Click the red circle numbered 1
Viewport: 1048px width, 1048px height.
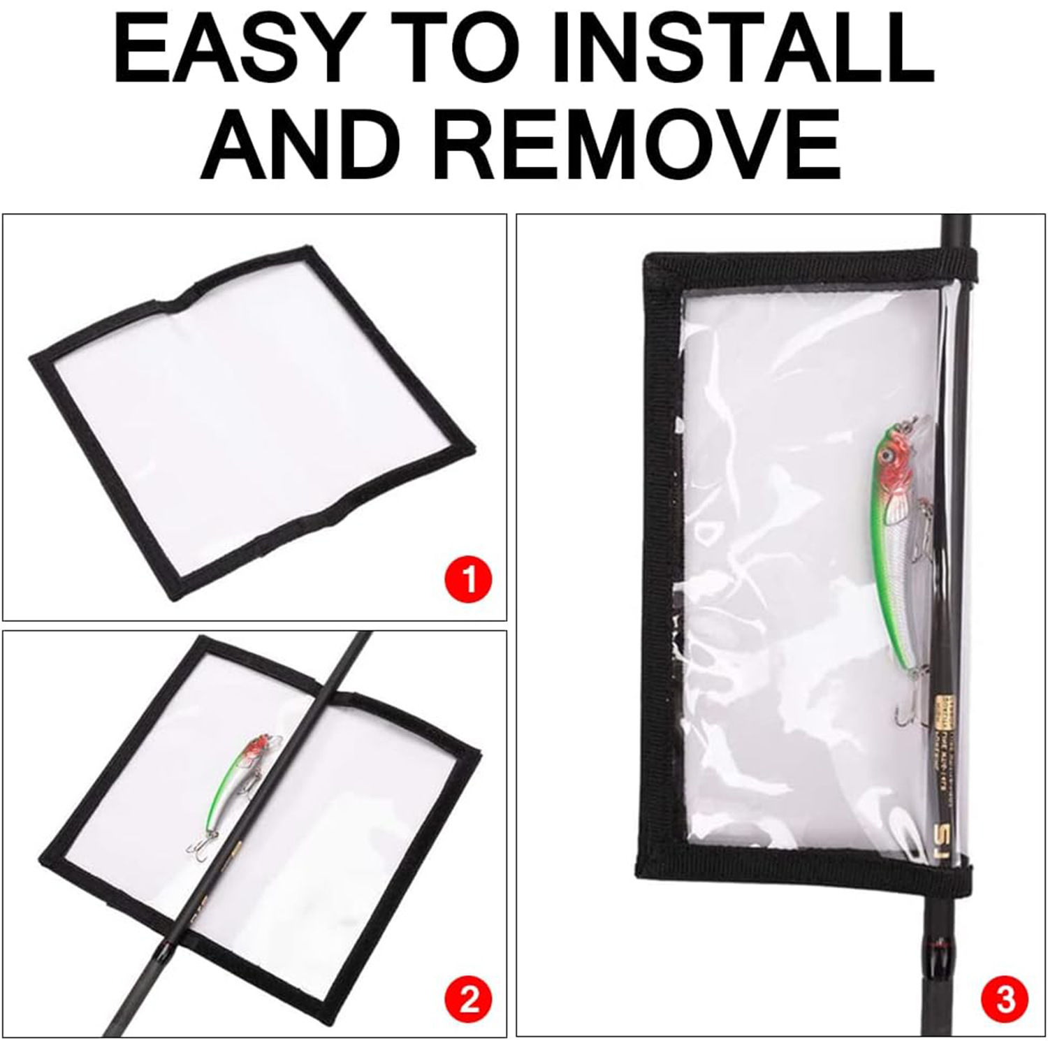(x=468, y=579)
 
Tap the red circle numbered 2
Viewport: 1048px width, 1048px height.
(x=468, y=1000)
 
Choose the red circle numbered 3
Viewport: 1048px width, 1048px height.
(x=1005, y=1000)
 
